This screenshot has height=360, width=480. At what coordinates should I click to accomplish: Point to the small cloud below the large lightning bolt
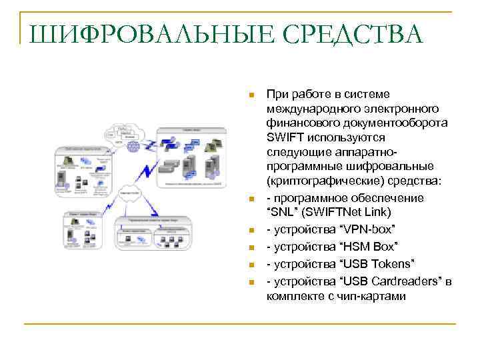tap(130, 197)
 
